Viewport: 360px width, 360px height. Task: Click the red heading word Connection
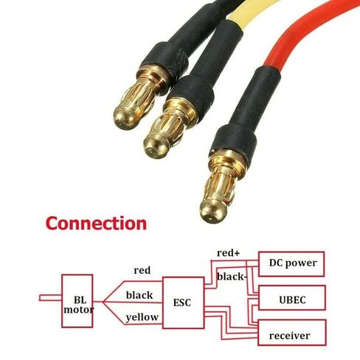coord(96,224)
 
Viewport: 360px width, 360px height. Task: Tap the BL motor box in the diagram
coord(77,301)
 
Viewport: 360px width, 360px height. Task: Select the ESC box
coord(184,302)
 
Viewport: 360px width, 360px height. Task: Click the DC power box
coord(291,264)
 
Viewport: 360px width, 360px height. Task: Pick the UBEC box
coord(292,297)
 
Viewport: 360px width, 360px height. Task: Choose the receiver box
coord(292,333)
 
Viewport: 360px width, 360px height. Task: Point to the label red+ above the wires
coord(228,253)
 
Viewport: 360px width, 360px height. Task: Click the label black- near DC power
coord(232,277)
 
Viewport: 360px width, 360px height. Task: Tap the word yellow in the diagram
coord(142,317)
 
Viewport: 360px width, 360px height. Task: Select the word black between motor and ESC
coord(139,295)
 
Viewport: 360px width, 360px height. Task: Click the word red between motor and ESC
coord(142,271)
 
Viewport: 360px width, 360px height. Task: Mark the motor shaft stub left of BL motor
coord(50,298)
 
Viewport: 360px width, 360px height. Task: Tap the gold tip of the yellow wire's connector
coord(155,147)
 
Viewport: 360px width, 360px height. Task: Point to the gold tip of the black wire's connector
coord(125,119)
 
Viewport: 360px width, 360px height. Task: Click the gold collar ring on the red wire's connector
coord(227,161)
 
